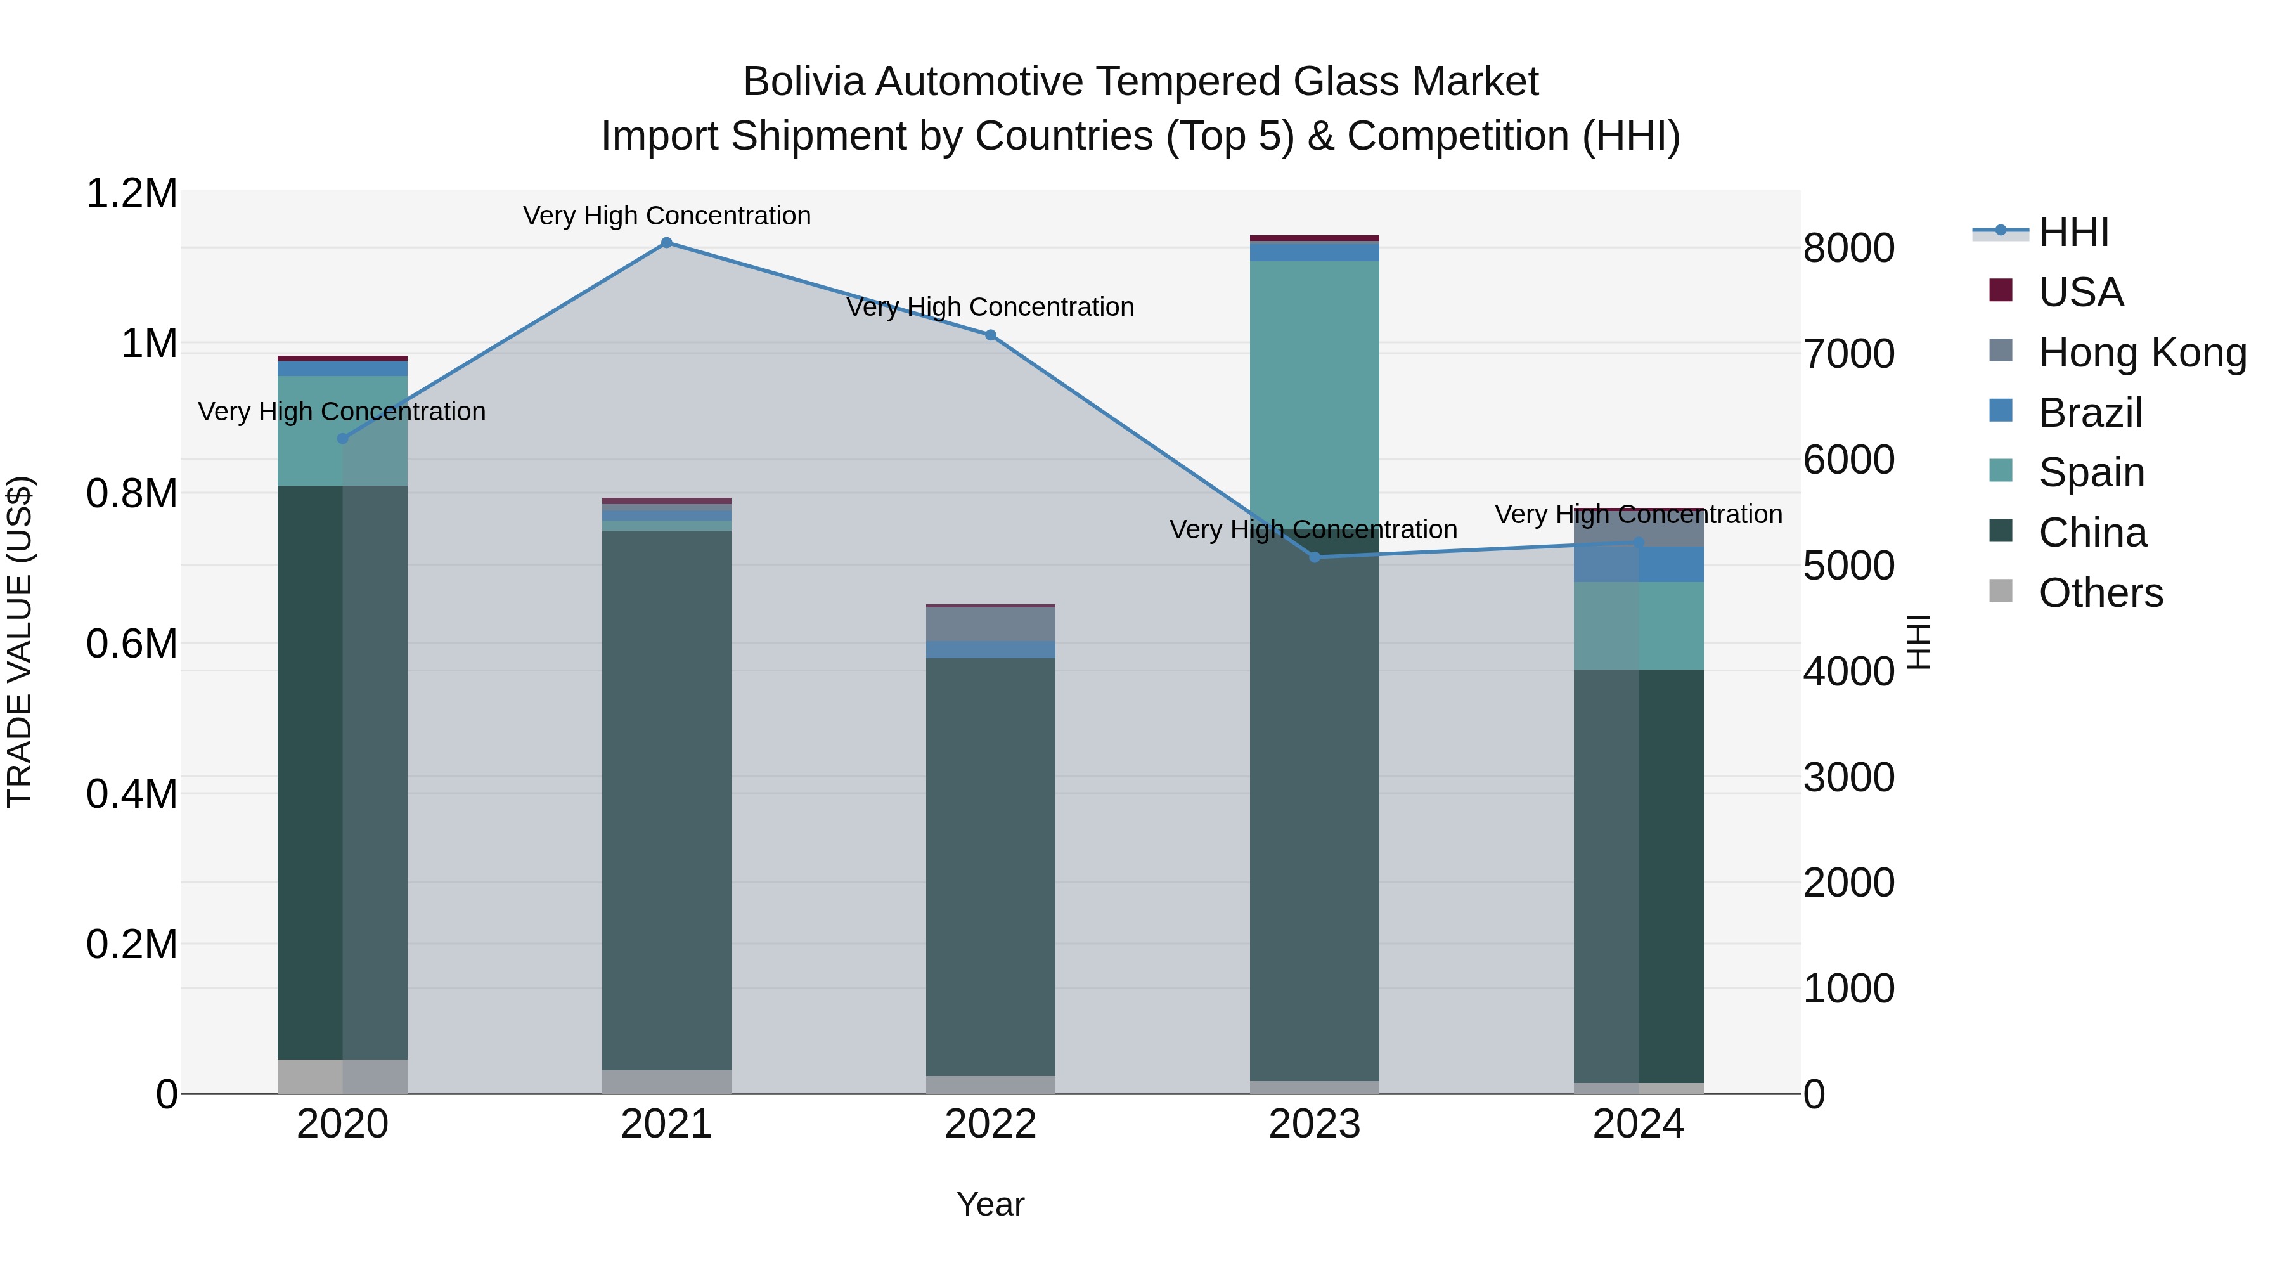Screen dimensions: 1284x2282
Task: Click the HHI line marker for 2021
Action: click(667, 243)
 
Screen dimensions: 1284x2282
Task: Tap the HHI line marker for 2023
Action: click(1315, 557)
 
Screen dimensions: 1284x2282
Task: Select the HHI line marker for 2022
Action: click(990, 335)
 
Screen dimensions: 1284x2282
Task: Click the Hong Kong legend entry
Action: click(2142, 353)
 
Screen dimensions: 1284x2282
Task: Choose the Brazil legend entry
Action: click(2090, 413)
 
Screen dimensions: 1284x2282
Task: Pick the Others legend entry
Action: click(2101, 593)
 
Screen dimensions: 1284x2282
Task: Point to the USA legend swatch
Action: click(2001, 290)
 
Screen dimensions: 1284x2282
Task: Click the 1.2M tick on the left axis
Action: click(132, 193)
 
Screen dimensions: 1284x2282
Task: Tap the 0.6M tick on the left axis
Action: click(132, 644)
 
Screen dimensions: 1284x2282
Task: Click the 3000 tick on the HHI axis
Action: click(1850, 777)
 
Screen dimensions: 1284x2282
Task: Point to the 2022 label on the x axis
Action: click(990, 1124)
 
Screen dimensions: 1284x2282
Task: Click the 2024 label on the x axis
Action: click(1638, 1124)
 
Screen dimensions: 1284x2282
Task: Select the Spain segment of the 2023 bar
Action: click(1315, 390)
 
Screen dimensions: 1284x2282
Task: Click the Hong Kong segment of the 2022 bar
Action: click(990, 624)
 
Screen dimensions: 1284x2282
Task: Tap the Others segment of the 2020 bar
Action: click(343, 1076)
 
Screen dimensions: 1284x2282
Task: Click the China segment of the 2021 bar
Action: click(667, 798)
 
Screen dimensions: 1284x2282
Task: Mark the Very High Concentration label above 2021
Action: click(667, 216)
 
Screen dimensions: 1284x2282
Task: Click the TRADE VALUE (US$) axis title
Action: click(20, 642)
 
